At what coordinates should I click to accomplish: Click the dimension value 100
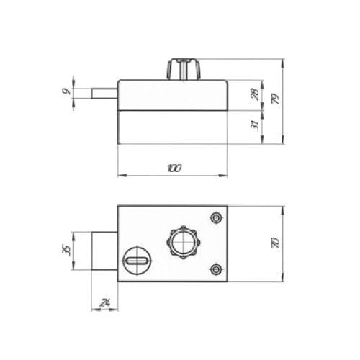174,168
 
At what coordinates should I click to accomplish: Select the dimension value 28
255,94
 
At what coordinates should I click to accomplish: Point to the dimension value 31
255,125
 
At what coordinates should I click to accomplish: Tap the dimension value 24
104,302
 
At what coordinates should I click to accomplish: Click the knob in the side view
184,68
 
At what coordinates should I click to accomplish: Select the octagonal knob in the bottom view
183,243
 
